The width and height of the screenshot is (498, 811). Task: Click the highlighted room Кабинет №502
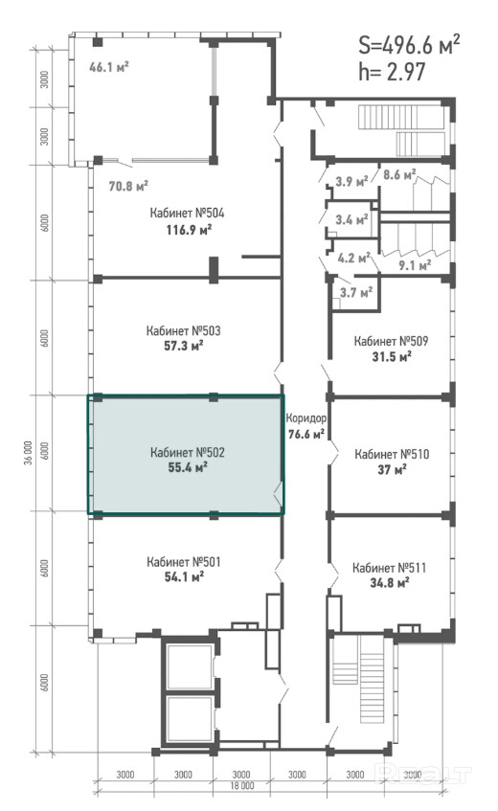pos(185,455)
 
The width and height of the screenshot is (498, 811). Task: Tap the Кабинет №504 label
pos(187,214)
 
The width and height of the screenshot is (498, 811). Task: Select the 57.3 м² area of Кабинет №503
pos(184,345)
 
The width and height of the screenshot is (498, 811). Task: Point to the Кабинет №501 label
pos(184,562)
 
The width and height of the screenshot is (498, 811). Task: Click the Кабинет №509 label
pos(391,341)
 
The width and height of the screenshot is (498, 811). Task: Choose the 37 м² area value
pos(392,469)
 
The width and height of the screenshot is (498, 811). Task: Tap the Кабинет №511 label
pos(390,568)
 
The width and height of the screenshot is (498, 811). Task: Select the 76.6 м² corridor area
pos(306,434)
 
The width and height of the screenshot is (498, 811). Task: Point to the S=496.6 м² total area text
pos(409,45)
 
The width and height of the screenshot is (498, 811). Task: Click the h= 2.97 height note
pos(392,72)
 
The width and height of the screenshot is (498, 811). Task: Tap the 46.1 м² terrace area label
pos(108,67)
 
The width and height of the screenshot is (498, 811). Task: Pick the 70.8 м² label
pos(128,185)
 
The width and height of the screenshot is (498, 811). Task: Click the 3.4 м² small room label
pos(351,220)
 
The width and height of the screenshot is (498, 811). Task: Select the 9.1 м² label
pos(416,265)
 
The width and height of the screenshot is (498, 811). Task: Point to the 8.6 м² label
pos(399,175)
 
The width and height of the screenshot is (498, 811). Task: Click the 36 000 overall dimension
pos(28,453)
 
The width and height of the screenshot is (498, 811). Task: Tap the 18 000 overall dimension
pos(241,786)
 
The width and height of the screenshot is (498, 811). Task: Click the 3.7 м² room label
pos(356,293)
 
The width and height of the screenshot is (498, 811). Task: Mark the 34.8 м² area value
pos(390,583)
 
